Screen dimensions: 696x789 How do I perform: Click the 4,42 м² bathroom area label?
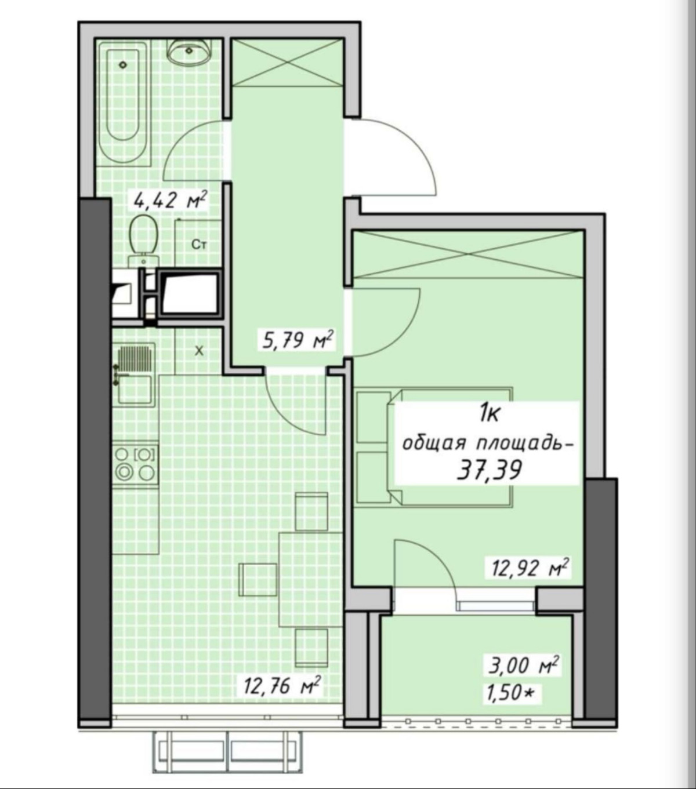point(169,201)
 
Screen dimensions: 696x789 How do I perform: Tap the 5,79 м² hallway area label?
point(298,340)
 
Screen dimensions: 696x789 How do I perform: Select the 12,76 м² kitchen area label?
point(282,696)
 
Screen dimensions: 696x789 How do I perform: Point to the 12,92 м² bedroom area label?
point(528,569)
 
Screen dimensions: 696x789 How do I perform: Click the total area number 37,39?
point(490,470)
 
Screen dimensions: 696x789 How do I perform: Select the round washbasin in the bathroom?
point(190,50)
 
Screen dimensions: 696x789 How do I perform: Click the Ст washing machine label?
point(199,245)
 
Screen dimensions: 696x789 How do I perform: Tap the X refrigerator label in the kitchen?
point(199,351)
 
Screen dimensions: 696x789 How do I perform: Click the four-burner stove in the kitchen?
point(135,466)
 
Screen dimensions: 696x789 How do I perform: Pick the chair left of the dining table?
point(258,579)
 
